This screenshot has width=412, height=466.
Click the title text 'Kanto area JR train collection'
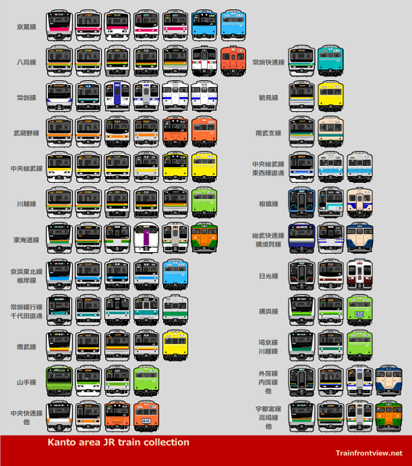coord(118,442)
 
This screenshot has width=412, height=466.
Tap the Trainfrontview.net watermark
coord(369,452)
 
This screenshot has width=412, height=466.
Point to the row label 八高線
coord(27,62)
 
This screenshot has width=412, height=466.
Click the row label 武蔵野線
coord(27,133)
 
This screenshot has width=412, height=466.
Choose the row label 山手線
coord(27,382)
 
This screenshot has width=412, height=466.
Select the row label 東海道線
coord(27,240)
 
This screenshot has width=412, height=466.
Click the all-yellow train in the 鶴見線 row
coord(330,95)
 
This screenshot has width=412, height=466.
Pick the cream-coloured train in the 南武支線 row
coord(330,131)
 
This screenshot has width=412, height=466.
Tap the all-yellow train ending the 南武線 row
coord(175,344)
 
